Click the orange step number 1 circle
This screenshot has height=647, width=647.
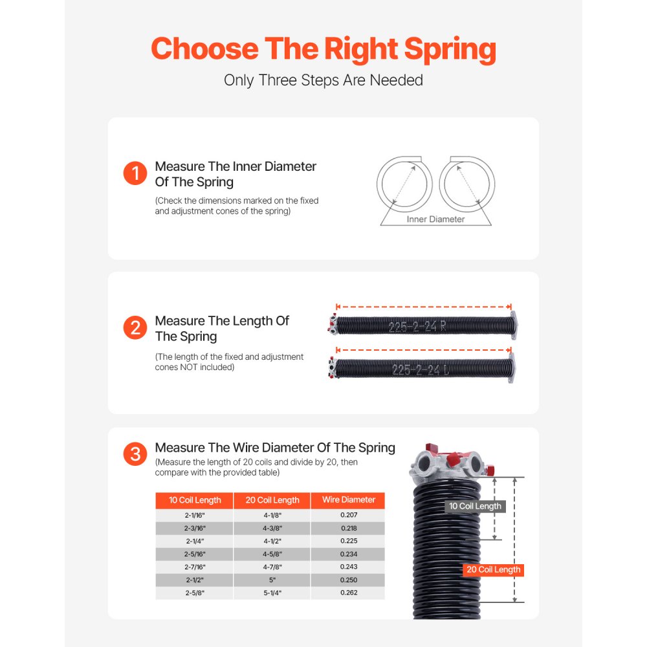click(x=135, y=173)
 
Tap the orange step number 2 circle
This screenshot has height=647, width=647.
click(x=135, y=328)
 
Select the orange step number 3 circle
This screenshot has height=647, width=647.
click(x=135, y=455)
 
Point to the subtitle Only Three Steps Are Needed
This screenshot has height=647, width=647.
click(x=323, y=80)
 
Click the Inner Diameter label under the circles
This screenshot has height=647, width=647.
click(x=435, y=219)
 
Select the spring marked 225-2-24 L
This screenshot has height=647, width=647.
click(x=421, y=369)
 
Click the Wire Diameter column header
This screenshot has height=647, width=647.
click(x=348, y=500)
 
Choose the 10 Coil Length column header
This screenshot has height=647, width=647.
click(x=195, y=500)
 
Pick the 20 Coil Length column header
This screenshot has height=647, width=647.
click(x=272, y=500)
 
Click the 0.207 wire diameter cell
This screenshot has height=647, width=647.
click(x=348, y=515)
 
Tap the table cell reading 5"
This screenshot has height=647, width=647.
click(x=272, y=580)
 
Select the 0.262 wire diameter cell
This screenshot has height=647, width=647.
click(x=348, y=593)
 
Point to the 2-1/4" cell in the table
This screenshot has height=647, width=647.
click(x=195, y=541)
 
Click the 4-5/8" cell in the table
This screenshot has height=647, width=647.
click(x=272, y=554)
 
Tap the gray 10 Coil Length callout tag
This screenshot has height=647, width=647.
click(x=475, y=506)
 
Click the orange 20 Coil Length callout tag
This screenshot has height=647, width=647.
click(x=493, y=570)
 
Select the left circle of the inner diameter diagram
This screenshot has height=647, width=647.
click(x=404, y=184)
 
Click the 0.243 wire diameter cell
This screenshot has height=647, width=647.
click(x=348, y=567)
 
